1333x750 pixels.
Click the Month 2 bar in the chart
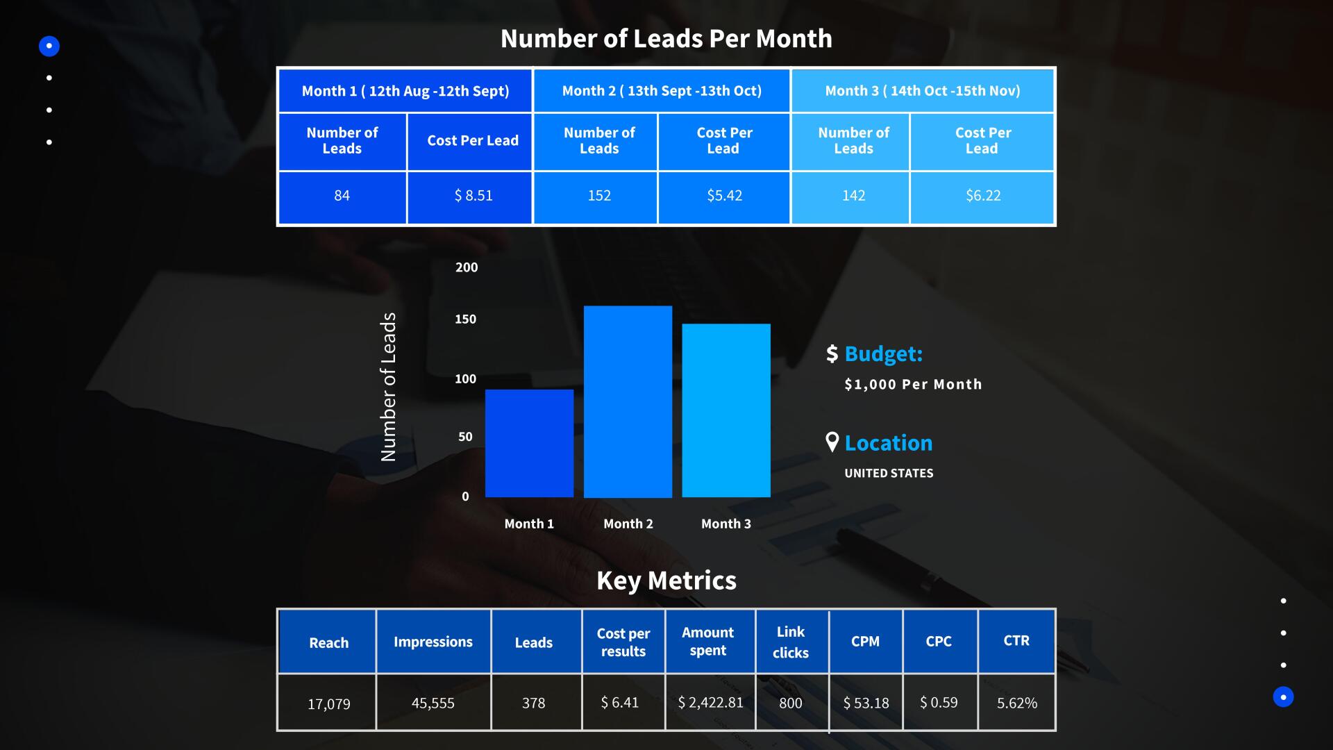pyautogui.click(x=628, y=401)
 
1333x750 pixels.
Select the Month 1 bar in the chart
pyautogui.click(x=529, y=443)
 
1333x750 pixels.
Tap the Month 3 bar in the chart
pyautogui.click(x=726, y=410)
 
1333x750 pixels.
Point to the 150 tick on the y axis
pyautogui.click(x=466, y=319)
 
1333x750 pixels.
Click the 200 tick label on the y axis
pyautogui.click(x=467, y=267)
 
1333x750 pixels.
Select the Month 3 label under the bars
pyautogui.click(x=726, y=524)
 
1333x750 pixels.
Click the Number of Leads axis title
pyautogui.click(x=389, y=387)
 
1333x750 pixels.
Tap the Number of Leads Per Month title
pyautogui.click(x=666, y=39)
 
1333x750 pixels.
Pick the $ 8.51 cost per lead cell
pyautogui.click(x=473, y=196)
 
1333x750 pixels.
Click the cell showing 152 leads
pyautogui.click(x=599, y=196)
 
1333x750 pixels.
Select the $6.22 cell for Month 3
pyautogui.click(x=983, y=196)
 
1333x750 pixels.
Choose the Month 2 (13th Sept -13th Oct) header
pyautogui.click(x=662, y=91)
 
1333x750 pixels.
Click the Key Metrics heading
pyautogui.click(x=666, y=581)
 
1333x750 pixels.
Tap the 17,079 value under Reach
pyautogui.click(x=329, y=704)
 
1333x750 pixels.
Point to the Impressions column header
pyautogui.click(x=433, y=642)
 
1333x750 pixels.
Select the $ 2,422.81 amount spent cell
pyautogui.click(x=710, y=703)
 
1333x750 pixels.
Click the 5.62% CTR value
pyautogui.click(x=1017, y=703)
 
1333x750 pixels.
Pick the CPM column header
pyautogui.click(x=866, y=642)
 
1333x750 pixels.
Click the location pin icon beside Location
pyautogui.click(x=832, y=442)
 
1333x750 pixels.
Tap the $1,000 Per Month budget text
pyautogui.click(x=913, y=385)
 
